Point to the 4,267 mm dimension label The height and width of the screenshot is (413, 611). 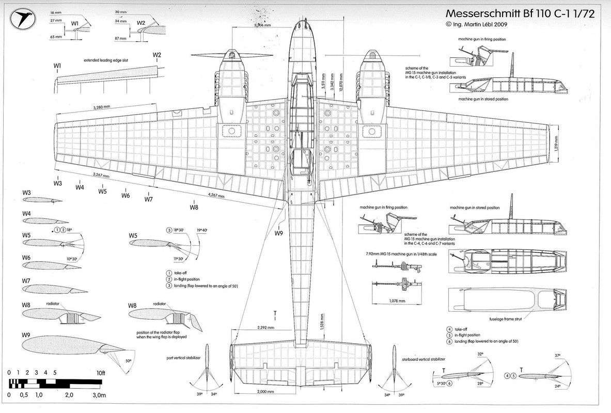point(219,195)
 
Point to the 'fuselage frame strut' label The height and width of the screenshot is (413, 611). point(504,319)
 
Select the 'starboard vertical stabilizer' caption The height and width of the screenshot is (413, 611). point(423,358)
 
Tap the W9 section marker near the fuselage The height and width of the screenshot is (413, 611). point(279,233)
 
